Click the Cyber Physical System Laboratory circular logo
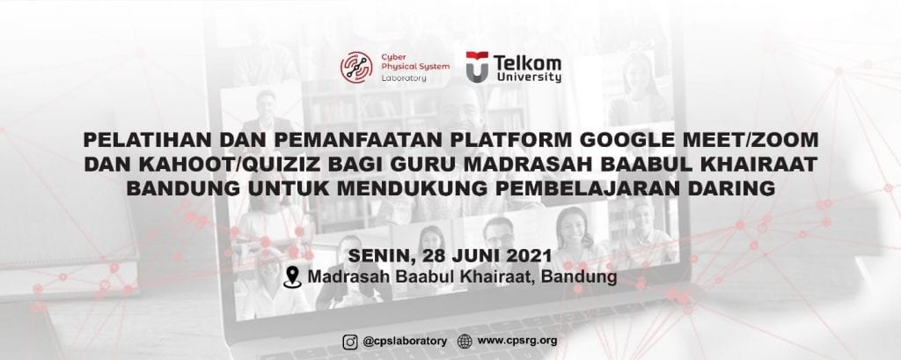(x=356, y=67)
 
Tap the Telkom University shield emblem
(x=477, y=67)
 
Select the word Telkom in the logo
(x=527, y=62)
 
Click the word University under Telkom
(x=529, y=77)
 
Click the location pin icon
(x=292, y=276)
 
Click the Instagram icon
(x=350, y=342)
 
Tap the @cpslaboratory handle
(x=405, y=341)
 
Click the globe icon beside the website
(x=465, y=342)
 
